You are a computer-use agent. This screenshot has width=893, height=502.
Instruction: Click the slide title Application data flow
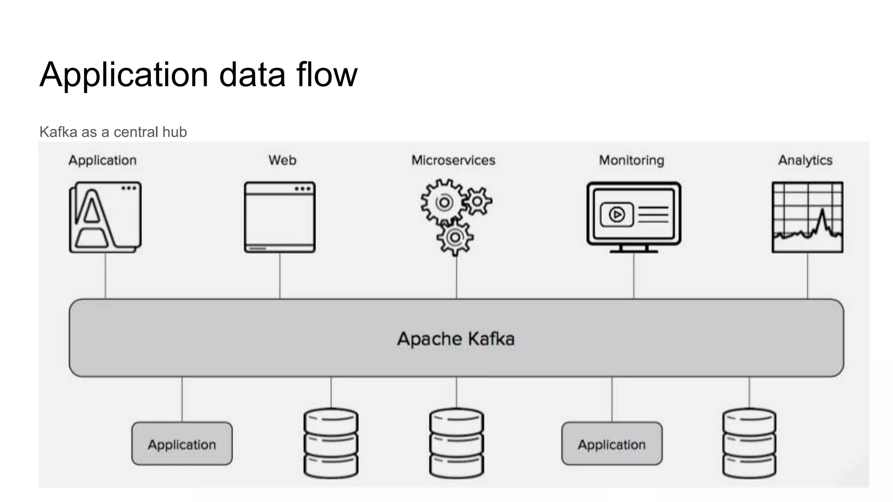[198, 75]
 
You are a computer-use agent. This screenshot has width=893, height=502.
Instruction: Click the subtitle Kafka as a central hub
[113, 132]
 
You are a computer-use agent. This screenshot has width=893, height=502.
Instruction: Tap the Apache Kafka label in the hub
[456, 339]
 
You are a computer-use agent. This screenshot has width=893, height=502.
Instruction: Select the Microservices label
[453, 160]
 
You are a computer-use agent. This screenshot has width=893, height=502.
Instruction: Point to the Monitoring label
[631, 160]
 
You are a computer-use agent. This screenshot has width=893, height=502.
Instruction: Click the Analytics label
[805, 160]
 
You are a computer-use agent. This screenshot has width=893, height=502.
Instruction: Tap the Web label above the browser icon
[282, 160]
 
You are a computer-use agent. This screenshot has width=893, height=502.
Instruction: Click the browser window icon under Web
[279, 217]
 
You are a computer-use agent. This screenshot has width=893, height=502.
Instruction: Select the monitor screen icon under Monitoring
[634, 216]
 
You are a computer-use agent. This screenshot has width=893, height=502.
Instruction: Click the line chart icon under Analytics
[807, 217]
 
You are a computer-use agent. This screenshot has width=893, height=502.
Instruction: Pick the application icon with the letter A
[105, 217]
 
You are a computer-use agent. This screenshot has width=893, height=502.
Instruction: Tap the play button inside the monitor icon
[617, 214]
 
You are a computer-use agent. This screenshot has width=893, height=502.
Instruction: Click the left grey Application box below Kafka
[182, 444]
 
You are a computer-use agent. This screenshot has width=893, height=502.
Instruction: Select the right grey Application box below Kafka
[612, 444]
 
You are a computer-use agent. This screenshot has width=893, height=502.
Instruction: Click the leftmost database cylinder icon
[331, 443]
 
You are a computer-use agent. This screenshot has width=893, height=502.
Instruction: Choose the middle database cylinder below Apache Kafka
[457, 443]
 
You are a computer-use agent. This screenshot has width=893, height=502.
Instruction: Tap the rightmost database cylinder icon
[749, 443]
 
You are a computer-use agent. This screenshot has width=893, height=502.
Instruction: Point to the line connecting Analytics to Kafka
[808, 276]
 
